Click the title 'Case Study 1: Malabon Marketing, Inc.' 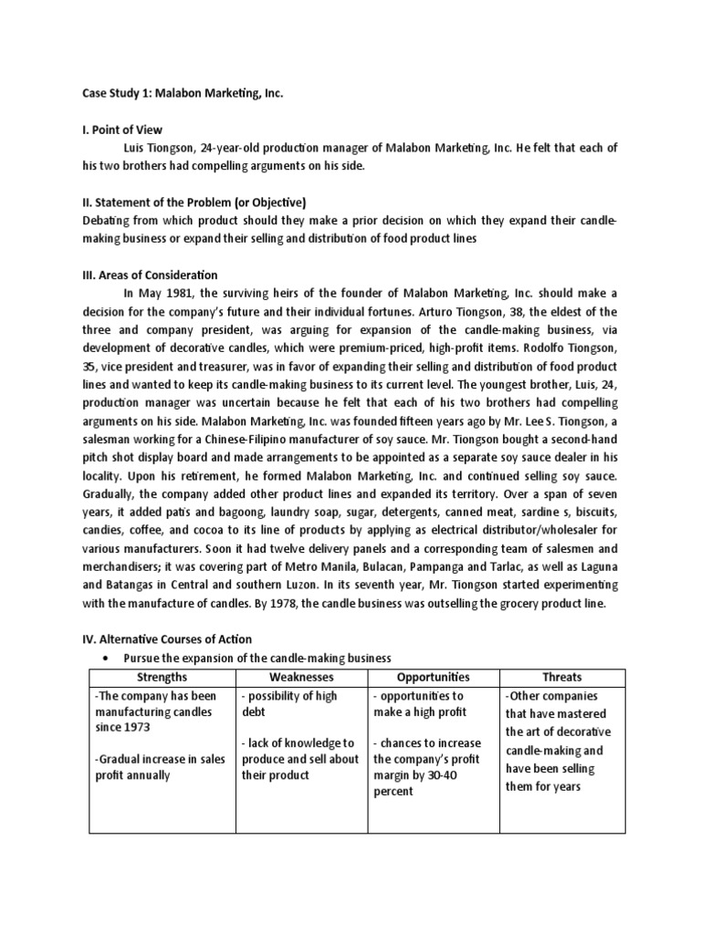(171, 94)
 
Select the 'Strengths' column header (162, 677)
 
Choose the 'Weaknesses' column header (301, 677)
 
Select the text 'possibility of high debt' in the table (289, 704)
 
